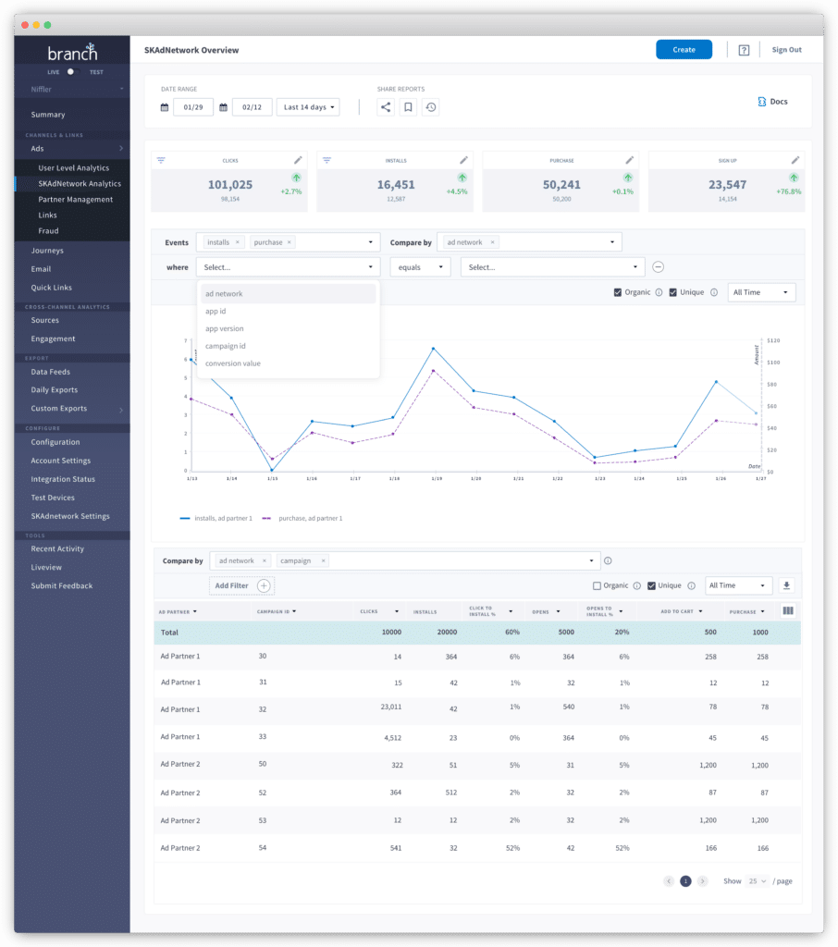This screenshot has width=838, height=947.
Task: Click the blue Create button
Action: coord(684,50)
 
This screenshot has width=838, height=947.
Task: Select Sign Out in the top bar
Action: coord(786,50)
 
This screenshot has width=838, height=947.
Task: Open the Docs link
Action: coord(773,102)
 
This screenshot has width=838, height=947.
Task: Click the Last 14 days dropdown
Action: coord(309,107)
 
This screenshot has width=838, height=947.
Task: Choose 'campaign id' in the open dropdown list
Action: coord(226,346)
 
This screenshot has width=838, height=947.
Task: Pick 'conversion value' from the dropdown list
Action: coord(233,363)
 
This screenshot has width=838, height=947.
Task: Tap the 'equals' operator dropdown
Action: coord(420,267)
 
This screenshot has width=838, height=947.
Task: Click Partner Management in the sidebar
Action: coord(76,200)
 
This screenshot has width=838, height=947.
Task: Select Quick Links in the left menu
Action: coord(51,288)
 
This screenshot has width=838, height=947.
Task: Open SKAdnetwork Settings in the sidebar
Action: coord(70,516)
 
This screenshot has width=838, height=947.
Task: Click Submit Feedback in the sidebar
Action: coord(62,585)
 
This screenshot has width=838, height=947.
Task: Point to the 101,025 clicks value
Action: coord(230,185)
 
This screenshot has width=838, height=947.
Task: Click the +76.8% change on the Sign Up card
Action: coord(788,191)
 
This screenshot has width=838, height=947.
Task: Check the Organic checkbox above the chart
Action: coord(618,292)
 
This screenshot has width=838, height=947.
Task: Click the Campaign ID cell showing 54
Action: coord(263,847)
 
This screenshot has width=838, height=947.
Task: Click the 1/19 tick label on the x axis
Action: coord(437,479)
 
